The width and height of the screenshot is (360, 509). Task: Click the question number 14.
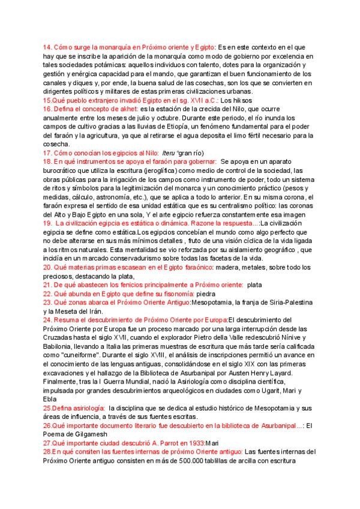tap(47, 47)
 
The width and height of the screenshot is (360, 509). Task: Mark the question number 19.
tap(47, 224)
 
